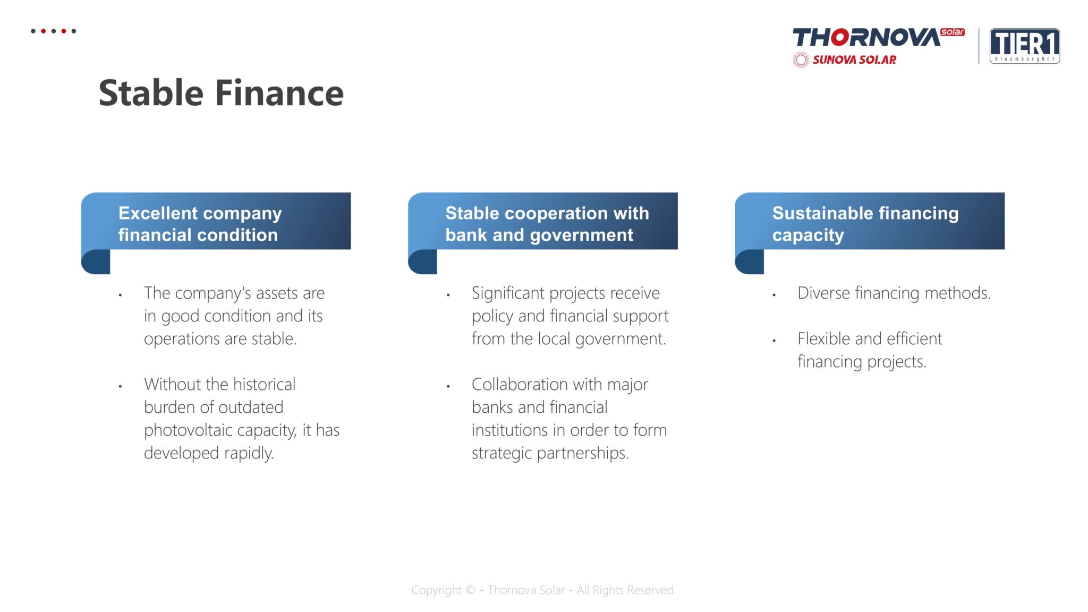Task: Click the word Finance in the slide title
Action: [279, 93]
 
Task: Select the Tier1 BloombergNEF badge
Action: [1024, 46]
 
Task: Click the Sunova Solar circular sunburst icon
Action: [801, 60]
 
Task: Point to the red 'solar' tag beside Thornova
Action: [953, 32]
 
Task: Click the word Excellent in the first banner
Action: [158, 213]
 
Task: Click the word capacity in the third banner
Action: [808, 235]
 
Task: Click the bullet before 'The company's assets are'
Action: [121, 295]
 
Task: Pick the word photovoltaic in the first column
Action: [189, 430]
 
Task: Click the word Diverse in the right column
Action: [824, 293]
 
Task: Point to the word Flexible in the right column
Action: [824, 338]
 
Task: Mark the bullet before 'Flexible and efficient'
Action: [774, 341]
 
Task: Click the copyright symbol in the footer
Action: [470, 590]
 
